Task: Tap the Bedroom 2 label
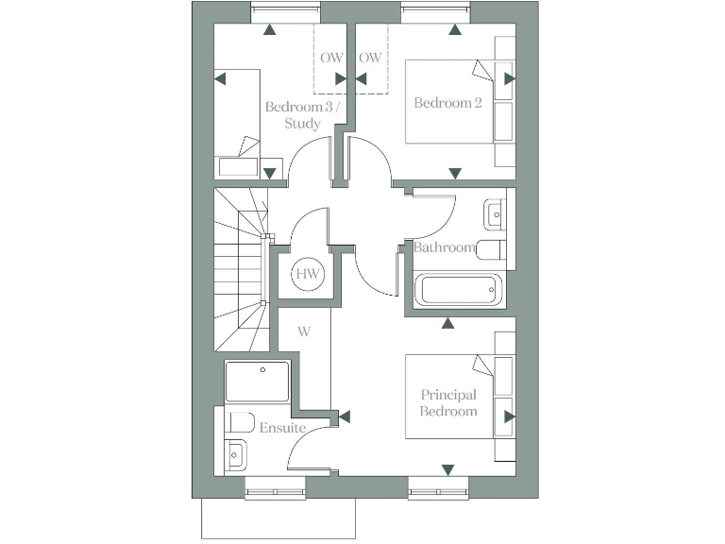click(447, 102)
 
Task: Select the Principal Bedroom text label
click(448, 402)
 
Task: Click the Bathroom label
click(445, 247)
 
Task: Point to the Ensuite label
click(283, 428)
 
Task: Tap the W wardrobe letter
click(304, 331)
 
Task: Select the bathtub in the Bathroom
click(459, 290)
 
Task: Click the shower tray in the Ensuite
click(258, 381)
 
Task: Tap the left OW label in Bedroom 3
click(331, 58)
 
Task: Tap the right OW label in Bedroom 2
click(371, 58)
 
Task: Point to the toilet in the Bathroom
click(492, 250)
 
